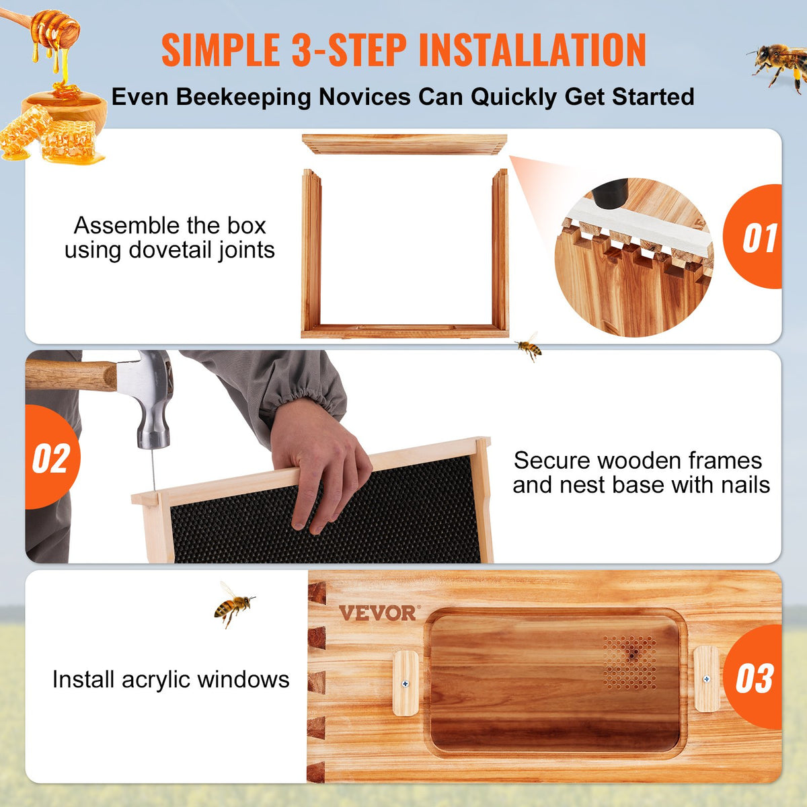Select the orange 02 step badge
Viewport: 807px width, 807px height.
click(x=51, y=459)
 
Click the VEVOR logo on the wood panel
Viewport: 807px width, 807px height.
click(x=378, y=613)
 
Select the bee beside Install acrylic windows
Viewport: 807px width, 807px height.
click(x=233, y=603)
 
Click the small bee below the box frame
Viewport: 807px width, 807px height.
click(x=529, y=347)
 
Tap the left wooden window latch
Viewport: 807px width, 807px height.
click(x=406, y=683)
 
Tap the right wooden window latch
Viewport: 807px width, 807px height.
click(x=706, y=679)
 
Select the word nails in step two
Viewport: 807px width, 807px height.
click(x=740, y=485)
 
